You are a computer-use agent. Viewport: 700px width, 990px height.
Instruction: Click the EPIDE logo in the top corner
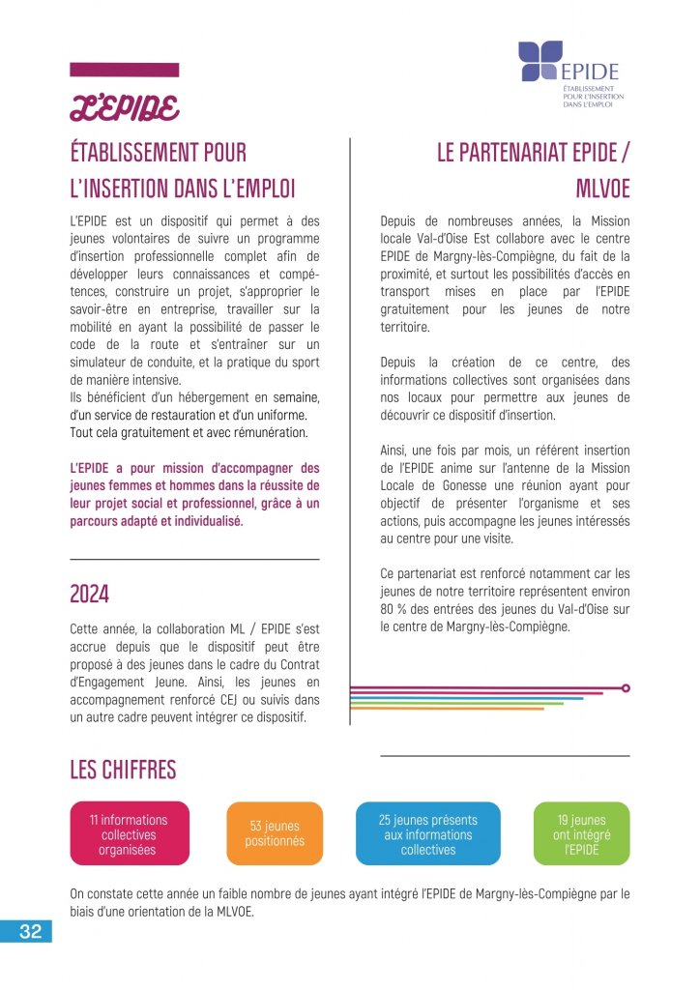click(x=569, y=73)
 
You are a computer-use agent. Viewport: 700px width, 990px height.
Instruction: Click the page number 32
click(x=30, y=932)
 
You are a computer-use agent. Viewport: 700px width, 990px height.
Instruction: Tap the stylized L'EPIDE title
click(x=123, y=108)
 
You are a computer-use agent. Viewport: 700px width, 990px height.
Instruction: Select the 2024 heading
click(x=89, y=593)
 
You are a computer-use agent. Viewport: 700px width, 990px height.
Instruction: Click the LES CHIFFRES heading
click(x=123, y=770)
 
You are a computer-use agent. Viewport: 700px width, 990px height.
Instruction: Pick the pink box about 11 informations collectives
click(x=129, y=834)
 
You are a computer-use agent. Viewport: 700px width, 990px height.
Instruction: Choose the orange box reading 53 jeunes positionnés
click(x=275, y=833)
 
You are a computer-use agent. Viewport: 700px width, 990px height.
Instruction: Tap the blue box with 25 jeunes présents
click(x=428, y=833)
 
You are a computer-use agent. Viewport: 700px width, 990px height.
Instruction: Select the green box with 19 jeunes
click(x=581, y=833)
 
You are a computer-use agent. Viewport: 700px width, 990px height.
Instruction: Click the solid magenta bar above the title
click(x=125, y=70)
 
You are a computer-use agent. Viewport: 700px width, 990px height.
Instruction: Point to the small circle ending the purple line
click(x=626, y=688)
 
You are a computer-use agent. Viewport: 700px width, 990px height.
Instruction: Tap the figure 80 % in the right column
click(x=394, y=608)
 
